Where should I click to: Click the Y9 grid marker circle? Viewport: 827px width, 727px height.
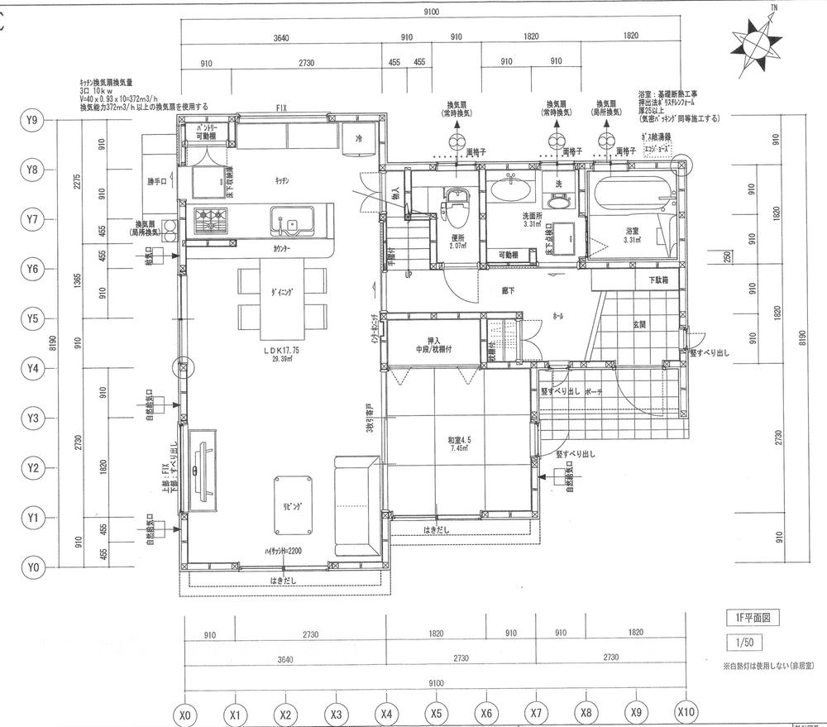(32, 120)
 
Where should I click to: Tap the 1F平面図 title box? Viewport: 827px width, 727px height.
(749, 617)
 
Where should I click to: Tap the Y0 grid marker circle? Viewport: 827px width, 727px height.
(32, 568)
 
